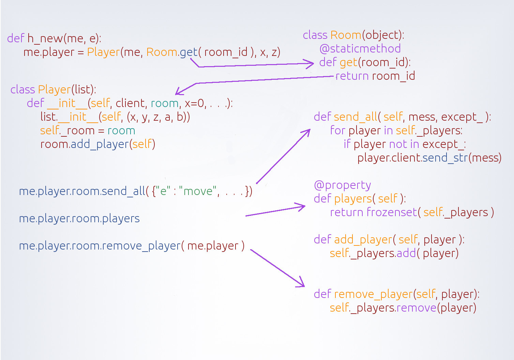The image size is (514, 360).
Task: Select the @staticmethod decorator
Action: pyautogui.click(x=360, y=49)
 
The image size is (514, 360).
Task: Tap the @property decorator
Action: pyautogui.click(x=342, y=185)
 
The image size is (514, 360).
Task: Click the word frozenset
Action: pyautogui.click(x=392, y=212)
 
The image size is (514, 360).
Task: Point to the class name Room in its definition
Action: pyautogui.click(x=346, y=35)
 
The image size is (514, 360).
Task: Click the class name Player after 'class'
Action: pyautogui.click(x=54, y=90)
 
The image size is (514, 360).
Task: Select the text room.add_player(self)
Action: pyautogui.click(x=98, y=144)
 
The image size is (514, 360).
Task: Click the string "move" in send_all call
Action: pyautogui.click(x=198, y=191)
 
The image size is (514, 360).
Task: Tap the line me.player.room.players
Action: pyautogui.click(x=79, y=219)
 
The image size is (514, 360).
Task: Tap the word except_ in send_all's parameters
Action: pyautogui.click(x=462, y=117)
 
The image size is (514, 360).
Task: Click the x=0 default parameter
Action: pyautogui.click(x=194, y=103)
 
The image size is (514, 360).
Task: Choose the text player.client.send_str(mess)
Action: pyautogui.click(x=429, y=158)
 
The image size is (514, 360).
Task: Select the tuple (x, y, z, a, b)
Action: pyautogui.click(x=158, y=117)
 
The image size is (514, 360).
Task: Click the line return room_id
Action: pyautogui.click(x=375, y=76)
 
